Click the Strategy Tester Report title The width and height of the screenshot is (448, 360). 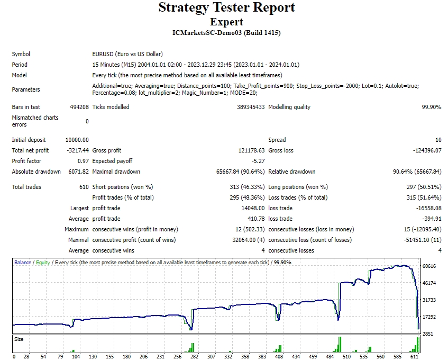pos(226,8)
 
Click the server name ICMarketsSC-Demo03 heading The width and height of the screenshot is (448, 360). pos(226,33)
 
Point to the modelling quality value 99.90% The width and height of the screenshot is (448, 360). pos(431,107)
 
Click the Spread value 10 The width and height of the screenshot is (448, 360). pos(438,140)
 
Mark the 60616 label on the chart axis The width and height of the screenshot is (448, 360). pos(429,266)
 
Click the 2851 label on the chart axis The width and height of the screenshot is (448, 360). pos(427,334)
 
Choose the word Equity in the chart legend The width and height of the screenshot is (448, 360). pos(43,263)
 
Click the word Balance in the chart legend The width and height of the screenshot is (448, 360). pos(23,263)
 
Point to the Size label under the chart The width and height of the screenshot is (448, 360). pos(19,339)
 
